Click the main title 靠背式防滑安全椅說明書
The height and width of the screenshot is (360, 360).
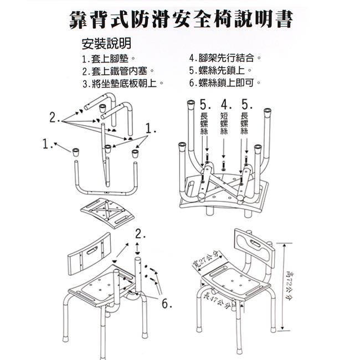[181, 20]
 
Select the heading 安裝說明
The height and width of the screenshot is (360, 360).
[106, 43]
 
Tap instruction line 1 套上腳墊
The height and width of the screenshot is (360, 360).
[109, 59]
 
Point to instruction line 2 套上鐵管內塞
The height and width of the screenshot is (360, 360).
[118, 71]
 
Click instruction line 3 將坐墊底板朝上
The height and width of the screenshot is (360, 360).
[123, 83]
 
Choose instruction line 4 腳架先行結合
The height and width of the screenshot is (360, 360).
[225, 58]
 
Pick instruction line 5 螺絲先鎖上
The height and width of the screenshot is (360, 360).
[220, 70]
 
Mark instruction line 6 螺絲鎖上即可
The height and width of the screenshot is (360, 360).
[225, 83]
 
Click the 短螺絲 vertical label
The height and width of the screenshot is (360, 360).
[224, 124]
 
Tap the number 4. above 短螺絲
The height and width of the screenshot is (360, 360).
[226, 105]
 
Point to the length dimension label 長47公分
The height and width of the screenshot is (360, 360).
[217, 300]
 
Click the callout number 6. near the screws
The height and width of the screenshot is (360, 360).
[167, 304]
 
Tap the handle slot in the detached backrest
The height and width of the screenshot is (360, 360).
[92, 250]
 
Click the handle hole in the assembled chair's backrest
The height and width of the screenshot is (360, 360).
[255, 243]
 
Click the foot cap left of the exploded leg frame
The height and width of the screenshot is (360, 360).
[76, 152]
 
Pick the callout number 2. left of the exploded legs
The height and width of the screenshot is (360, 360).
[55, 117]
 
